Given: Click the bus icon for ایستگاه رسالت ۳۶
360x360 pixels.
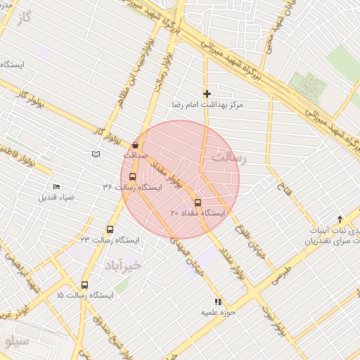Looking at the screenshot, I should [134, 177].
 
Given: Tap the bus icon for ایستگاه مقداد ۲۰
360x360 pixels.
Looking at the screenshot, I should [197, 202].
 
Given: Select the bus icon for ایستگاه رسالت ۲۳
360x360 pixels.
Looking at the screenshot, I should [110, 229].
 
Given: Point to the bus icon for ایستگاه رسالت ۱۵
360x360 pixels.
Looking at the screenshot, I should [85, 285].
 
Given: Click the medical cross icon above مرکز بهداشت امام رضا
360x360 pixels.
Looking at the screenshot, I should [207, 94].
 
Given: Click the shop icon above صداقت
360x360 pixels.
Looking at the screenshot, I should [135, 145].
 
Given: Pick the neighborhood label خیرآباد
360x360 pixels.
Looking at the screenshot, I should [124, 265].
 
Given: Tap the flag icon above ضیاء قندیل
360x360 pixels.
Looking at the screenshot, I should [57, 186].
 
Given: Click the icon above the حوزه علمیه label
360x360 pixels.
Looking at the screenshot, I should [218, 301].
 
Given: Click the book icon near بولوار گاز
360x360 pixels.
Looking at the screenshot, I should [96, 153].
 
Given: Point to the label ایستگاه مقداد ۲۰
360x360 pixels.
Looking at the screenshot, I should [199, 212].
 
